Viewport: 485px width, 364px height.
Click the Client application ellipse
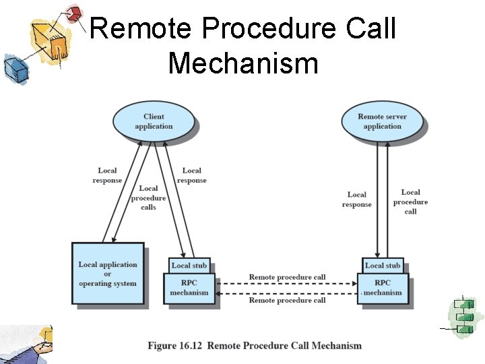154,121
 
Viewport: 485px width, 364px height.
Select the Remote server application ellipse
382,121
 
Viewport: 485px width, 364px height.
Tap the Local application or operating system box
108,274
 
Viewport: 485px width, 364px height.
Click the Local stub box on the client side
189,266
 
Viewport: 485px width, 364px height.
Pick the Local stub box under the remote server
383,266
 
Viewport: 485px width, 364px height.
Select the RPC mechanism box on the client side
189,289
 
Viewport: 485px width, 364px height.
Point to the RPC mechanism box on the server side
383,289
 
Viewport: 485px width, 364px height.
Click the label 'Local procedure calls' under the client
148,198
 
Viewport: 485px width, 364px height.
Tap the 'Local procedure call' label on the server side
410,202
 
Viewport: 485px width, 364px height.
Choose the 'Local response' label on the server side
357,200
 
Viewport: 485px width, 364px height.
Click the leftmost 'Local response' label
107,175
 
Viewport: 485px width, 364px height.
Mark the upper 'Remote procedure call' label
287,277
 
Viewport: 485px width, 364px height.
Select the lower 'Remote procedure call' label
287,300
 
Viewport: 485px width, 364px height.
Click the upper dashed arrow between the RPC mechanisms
287,284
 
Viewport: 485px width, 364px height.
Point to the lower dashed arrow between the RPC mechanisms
287,293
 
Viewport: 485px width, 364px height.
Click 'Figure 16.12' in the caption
174,346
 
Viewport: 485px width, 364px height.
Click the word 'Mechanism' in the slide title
243,63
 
